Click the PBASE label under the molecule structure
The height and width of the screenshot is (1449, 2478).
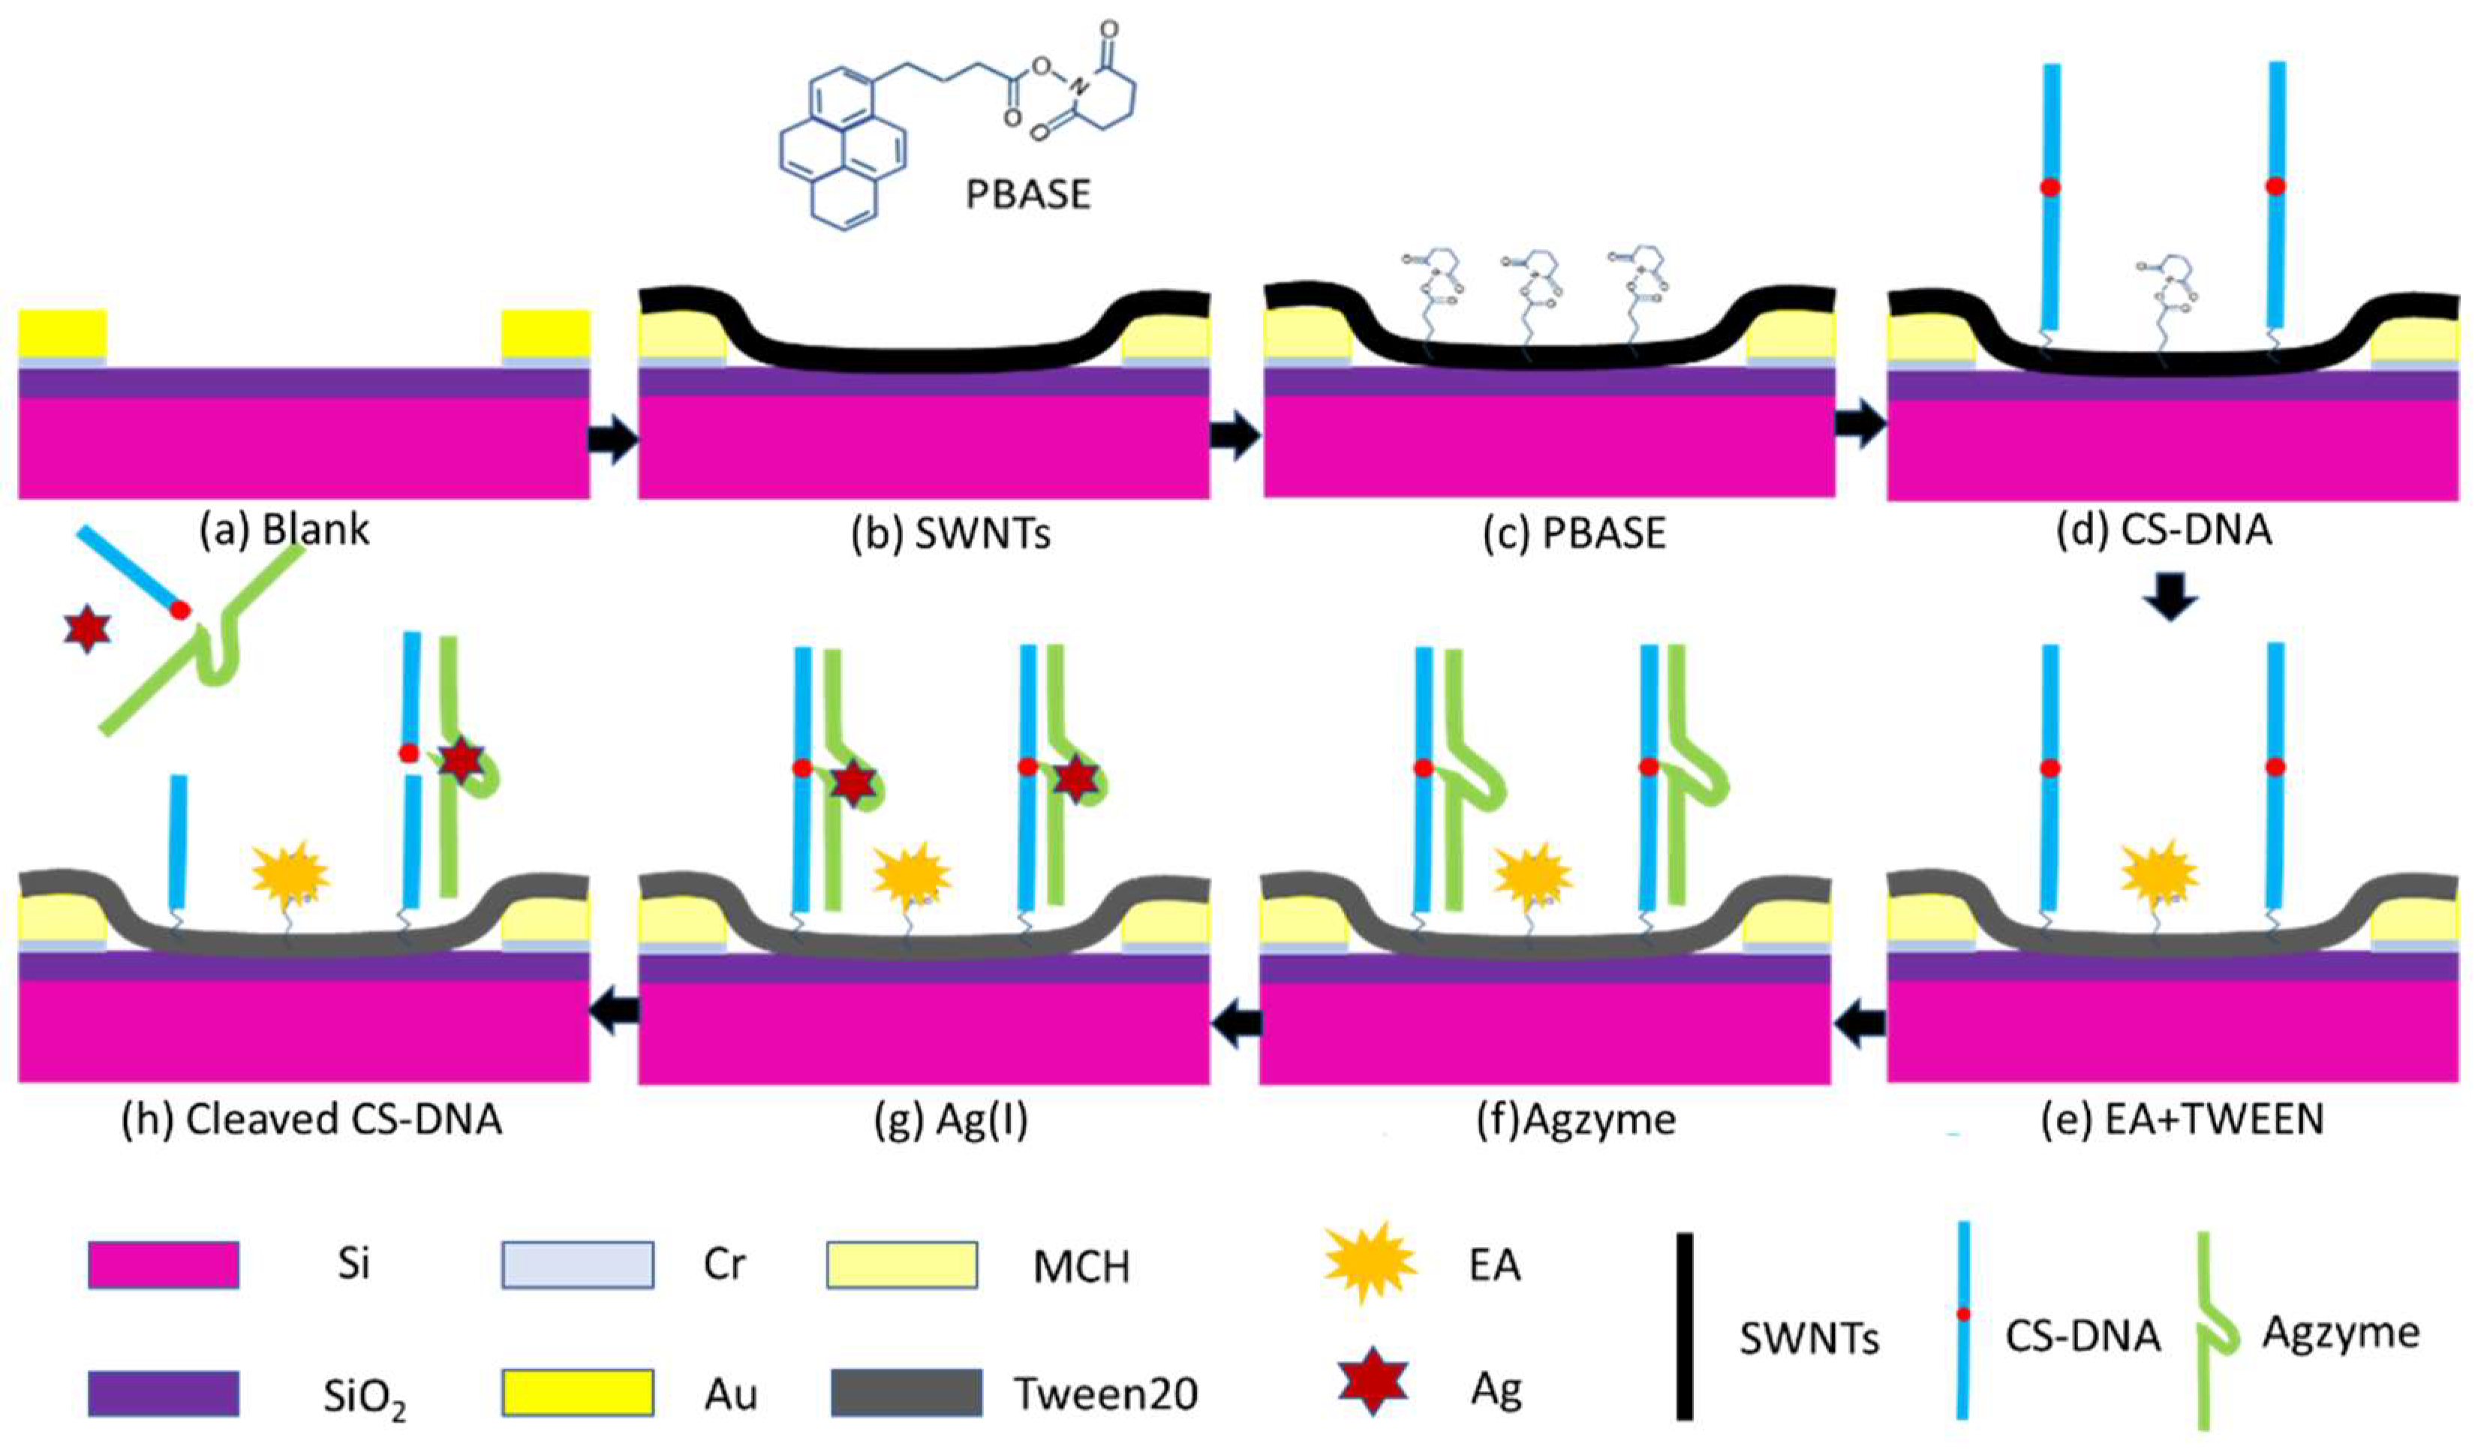click(1027, 194)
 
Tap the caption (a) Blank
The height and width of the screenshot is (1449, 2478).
click(285, 530)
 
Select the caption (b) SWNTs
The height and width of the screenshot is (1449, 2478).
click(951, 534)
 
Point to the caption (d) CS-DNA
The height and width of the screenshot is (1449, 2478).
click(2164, 530)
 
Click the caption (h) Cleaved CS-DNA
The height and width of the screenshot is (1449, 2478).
click(311, 1120)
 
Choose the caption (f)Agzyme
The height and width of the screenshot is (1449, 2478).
click(1576, 1120)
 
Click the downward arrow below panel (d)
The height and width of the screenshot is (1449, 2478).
click(2170, 595)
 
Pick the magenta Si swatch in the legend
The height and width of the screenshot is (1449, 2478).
click(164, 1264)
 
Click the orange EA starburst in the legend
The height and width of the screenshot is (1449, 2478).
click(1369, 1262)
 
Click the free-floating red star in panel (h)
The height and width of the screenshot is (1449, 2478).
click(86, 630)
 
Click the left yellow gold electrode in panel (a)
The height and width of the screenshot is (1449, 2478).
click(62, 333)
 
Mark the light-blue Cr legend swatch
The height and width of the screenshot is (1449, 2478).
click(577, 1264)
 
